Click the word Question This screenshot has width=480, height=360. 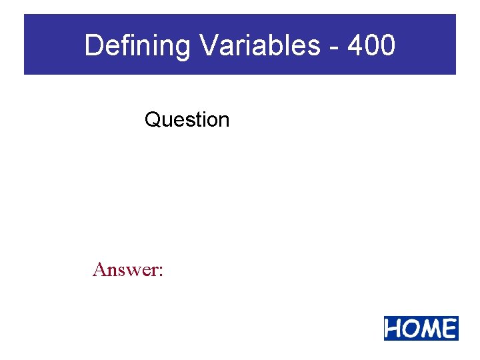pos(187,120)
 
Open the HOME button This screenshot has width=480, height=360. pos(421,329)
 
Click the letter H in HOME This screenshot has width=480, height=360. pos(394,329)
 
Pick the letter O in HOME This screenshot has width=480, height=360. pos(411,329)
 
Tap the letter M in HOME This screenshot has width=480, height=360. pos(430,329)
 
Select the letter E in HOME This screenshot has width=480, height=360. pos(448,329)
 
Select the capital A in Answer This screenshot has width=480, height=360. pos(101,269)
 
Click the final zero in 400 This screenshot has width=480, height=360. pos(387,46)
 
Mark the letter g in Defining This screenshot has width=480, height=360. pos(183,48)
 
